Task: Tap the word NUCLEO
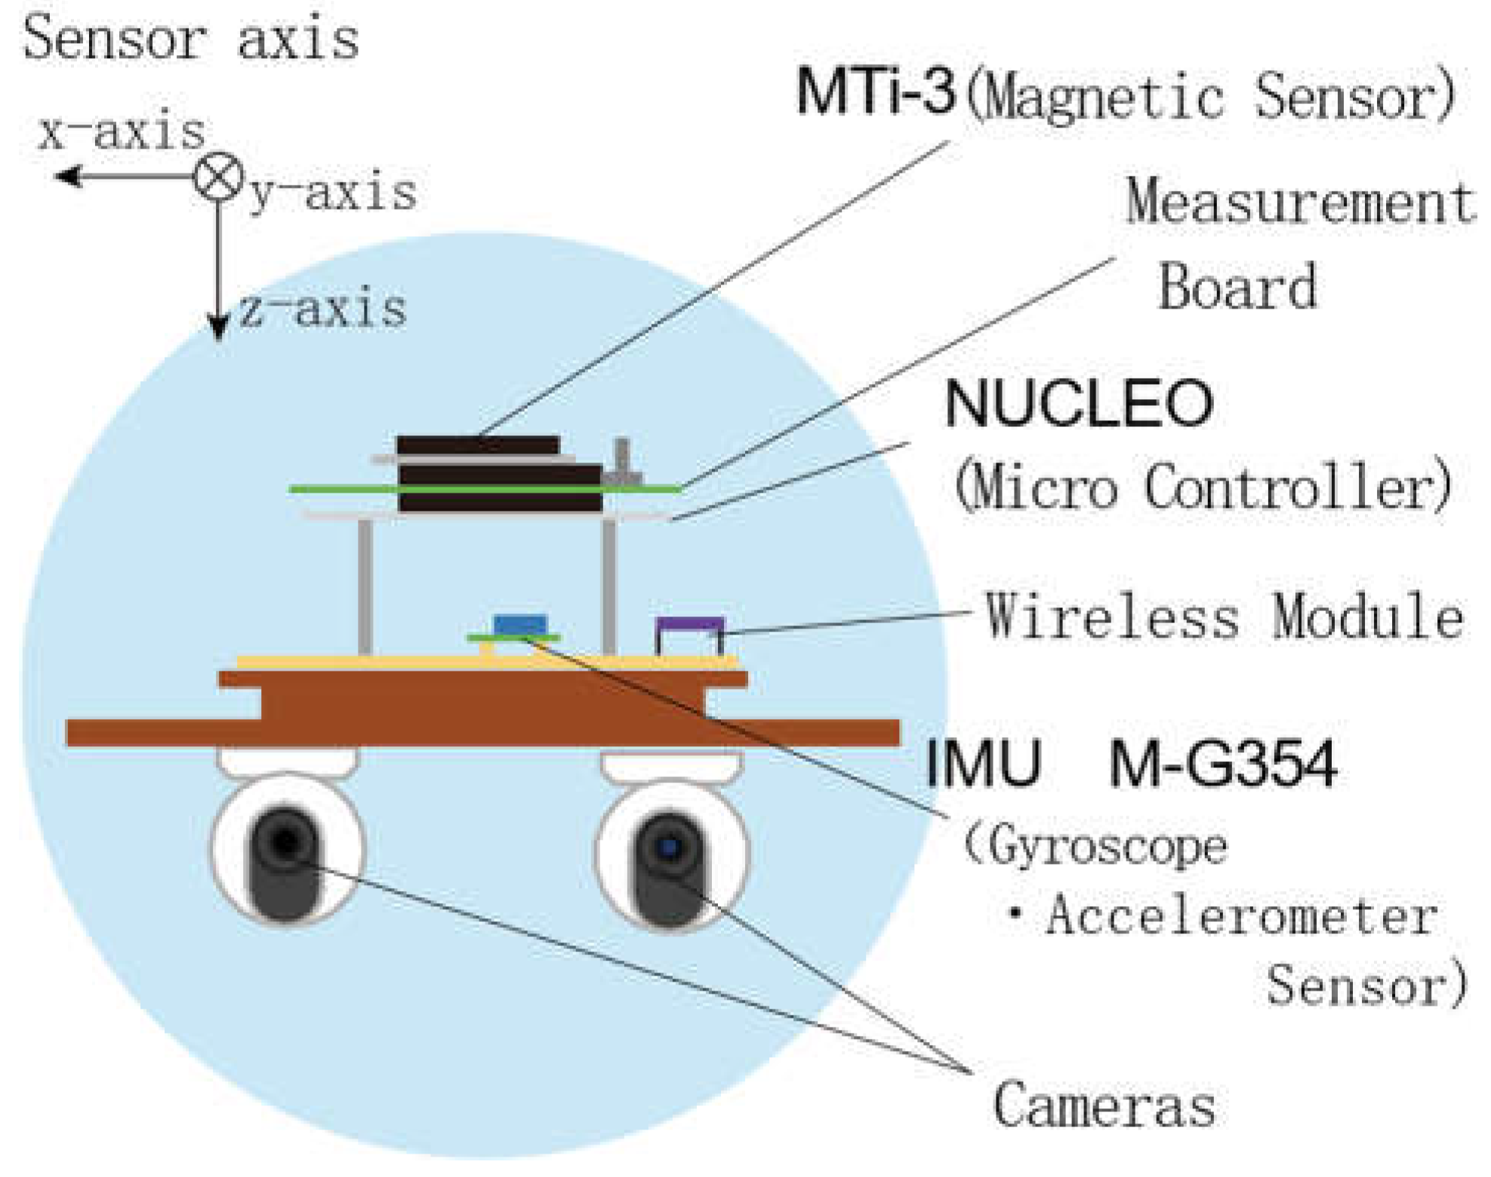(x=1078, y=404)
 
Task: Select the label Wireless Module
(x=1224, y=616)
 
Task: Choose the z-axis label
(x=324, y=309)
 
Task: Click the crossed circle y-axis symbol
(x=218, y=177)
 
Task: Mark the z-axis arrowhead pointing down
(x=218, y=329)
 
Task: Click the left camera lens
(x=285, y=842)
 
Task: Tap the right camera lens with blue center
(x=669, y=848)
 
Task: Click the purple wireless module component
(x=690, y=625)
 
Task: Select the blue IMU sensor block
(x=519, y=625)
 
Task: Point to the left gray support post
(x=365, y=586)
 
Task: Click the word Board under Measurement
(x=1237, y=287)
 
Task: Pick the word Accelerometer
(x=1241, y=917)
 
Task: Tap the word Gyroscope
(x=1107, y=847)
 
